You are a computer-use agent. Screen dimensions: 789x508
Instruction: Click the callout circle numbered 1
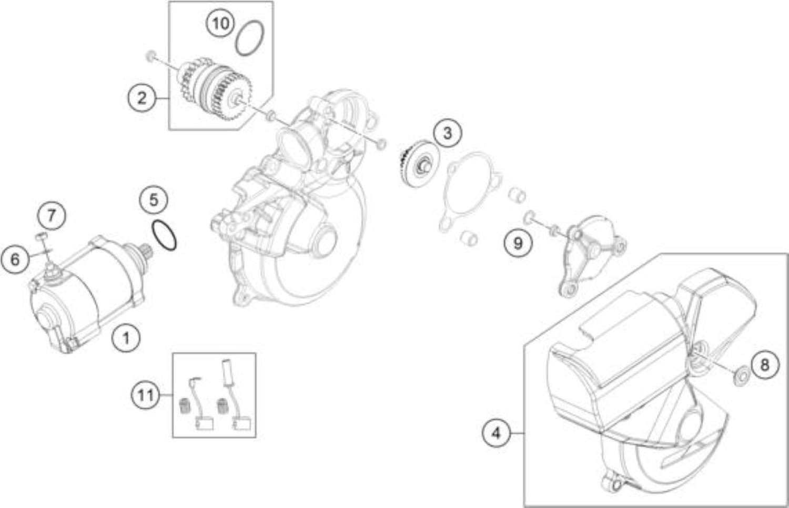tap(126, 338)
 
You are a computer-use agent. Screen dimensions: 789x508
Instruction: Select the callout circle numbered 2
tap(141, 97)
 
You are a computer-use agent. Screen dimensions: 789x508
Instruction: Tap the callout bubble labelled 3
tap(447, 134)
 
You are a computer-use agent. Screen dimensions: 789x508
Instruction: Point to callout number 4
tap(497, 433)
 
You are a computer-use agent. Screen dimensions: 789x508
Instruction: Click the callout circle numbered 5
tap(154, 200)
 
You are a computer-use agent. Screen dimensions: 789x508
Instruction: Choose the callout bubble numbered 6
tap(15, 260)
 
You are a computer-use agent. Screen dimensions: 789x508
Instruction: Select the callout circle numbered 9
tap(518, 243)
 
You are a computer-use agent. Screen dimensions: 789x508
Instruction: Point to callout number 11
tap(146, 395)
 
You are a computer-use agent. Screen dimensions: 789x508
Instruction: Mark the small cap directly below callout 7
tap(41, 236)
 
